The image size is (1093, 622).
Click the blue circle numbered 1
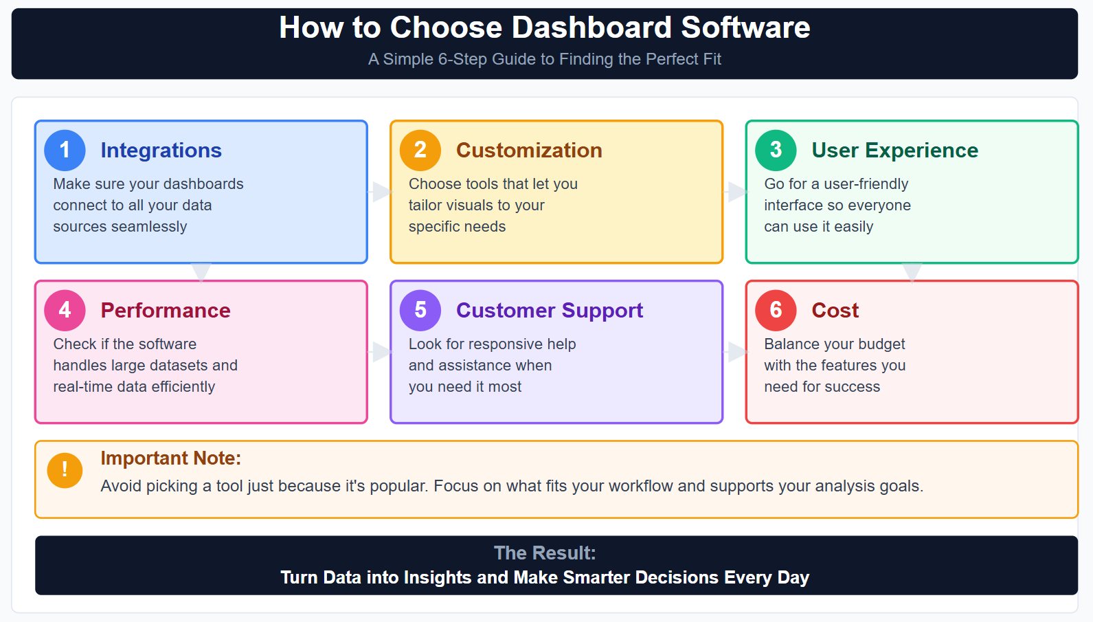pyautogui.click(x=65, y=150)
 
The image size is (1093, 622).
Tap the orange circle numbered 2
pyautogui.click(x=420, y=150)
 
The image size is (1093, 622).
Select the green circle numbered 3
pyautogui.click(x=776, y=150)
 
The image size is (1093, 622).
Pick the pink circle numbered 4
pyautogui.click(x=65, y=310)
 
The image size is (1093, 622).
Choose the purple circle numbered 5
pyautogui.click(x=420, y=310)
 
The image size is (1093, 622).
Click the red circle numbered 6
pyautogui.click(x=776, y=310)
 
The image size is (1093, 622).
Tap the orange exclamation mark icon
pyautogui.click(x=65, y=470)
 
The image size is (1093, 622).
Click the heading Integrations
pyautogui.click(x=161, y=151)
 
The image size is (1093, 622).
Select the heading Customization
pyautogui.click(x=529, y=151)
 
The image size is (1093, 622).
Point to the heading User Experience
pyautogui.click(x=894, y=151)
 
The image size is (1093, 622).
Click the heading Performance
pyautogui.click(x=165, y=311)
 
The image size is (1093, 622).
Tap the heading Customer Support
pyautogui.click(x=549, y=311)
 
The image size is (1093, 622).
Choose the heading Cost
pyautogui.click(x=835, y=311)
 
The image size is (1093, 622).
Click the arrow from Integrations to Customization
pyautogui.click(x=380, y=192)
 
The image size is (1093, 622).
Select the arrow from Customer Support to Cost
pyautogui.click(x=735, y=352)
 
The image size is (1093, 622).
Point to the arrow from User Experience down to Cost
pyautogui.click(x=912, y=272)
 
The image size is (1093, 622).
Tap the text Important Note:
pyautogui.click(x=170, y=458)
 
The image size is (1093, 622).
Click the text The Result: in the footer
pyautogui.click(x=545, y=553)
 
